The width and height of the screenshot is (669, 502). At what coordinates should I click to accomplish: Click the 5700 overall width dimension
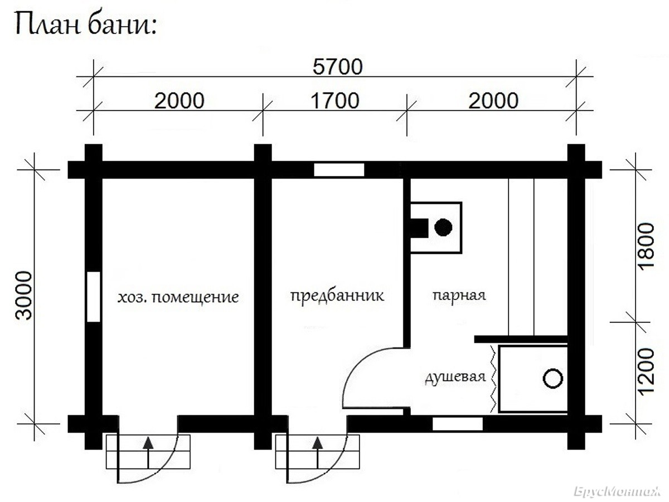pyautogui.click(x=337, y=67)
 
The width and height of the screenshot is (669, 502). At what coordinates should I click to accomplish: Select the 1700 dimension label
pyautogui.click(x=334, y=101)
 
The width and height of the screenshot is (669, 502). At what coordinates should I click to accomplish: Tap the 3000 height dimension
pyautogui.click(x=24, y=296)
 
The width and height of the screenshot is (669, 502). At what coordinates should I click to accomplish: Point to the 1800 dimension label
pyautogui.click(x=646, y=247)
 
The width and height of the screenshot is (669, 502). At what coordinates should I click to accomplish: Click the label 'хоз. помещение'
pyautogui.click(x=178, y=297)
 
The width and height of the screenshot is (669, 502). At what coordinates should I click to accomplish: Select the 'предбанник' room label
pyautogui.click(x=337, y=296)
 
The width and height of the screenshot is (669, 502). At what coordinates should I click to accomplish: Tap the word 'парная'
pyautogui.click(x=459, y=296)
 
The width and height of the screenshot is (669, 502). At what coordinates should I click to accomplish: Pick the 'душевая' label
pyautogui.click(x=455, y=378)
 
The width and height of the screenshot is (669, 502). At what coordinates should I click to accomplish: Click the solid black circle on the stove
pyautogui.click(x=443, y=228)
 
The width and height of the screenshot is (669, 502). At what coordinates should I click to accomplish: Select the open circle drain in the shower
pyautogui.click(x=553, y=378)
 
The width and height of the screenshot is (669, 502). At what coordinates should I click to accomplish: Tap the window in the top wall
pyautogui.click(x=339, y=170)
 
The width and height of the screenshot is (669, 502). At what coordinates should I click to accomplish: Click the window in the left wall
pyautogui.click(x=94, y=297)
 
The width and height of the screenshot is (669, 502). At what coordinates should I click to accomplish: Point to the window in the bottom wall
pyautogui.click(x=458, y=424)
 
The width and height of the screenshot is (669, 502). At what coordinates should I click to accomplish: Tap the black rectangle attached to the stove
pyautogui.click(x=419, y=228)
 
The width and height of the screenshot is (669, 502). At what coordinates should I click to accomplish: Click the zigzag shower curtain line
pyautogui.click(x=493, y=379)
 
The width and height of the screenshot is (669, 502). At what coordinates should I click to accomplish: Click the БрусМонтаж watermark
pyautogui.click(x=617, y=492)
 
